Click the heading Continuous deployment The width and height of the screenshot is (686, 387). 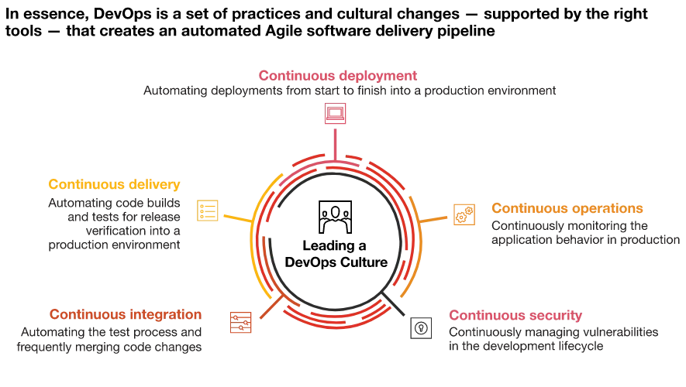coord(338,76)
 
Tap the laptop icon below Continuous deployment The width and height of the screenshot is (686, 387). coord(335,114)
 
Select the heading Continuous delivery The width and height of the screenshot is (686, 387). coord(114,184)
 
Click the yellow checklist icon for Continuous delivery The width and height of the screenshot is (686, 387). coord(208,211)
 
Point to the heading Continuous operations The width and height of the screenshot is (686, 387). coord(567,208)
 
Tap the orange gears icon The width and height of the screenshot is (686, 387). coord(464,214)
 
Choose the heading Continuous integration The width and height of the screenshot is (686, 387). coord(126,314)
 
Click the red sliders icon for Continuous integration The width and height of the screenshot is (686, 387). coord(240,322)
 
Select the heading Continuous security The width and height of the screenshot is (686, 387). coord(515,315)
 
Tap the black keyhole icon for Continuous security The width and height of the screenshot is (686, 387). coord(421,328)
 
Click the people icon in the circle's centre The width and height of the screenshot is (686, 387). coord(335,217)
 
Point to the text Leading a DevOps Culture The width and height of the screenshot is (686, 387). coord(336,254)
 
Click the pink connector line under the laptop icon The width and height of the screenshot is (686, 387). coord(335,145)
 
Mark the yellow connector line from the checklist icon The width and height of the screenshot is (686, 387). coord(238,219)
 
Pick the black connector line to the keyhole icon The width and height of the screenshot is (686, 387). coord(393,303)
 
